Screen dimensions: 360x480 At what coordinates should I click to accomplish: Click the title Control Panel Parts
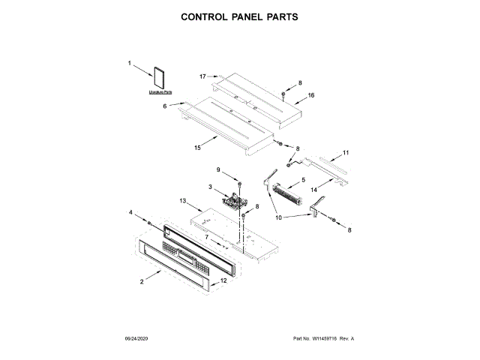[240, 16]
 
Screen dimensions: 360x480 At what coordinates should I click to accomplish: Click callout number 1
[129, 64]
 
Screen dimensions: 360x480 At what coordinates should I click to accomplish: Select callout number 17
[202, 76]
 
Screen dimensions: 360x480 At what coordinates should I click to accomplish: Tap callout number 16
[310, 95]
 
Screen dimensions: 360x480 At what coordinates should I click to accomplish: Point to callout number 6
[165, 106]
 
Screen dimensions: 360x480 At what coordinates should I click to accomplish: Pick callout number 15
[197, 148]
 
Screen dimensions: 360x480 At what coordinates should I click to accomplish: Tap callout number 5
[302, 180]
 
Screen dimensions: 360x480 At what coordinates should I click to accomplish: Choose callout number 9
[219, 169]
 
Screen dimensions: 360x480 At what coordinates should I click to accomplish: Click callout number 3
[211, 186]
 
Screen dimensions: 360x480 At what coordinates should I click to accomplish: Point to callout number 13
[182, 201]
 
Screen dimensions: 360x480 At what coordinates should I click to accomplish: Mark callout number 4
[130, 213]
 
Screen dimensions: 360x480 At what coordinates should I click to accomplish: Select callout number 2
[142, 281]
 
